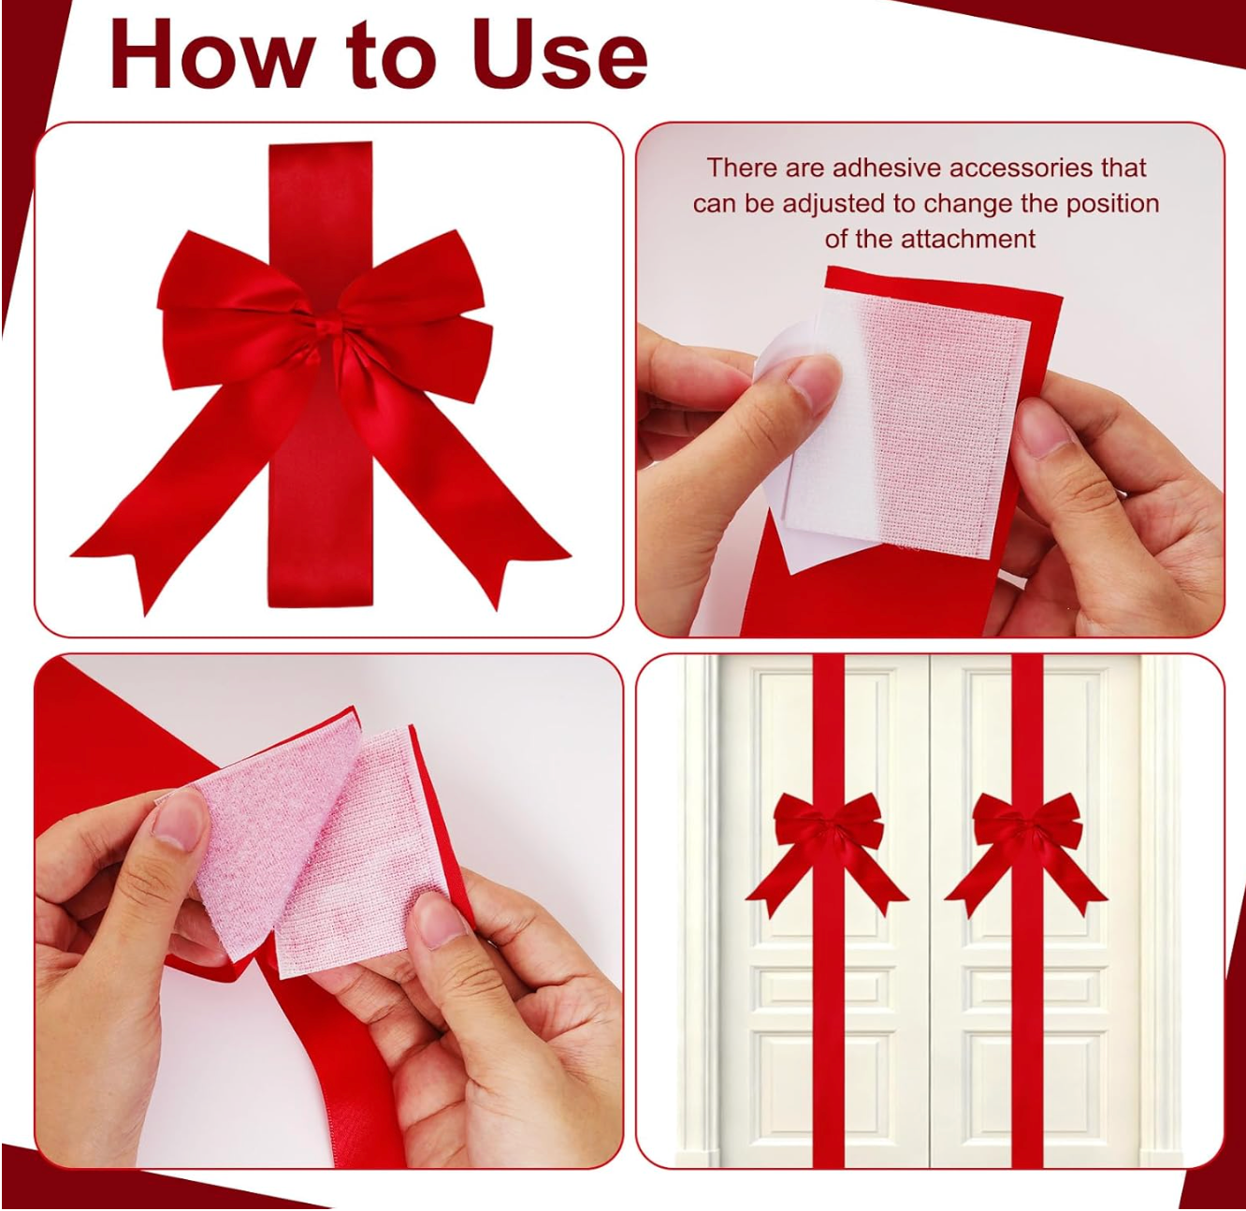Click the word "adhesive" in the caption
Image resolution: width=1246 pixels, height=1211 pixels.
coord(889,168)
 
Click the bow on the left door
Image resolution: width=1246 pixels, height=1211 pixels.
coord(828,832)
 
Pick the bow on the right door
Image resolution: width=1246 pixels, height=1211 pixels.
coord(1026,832)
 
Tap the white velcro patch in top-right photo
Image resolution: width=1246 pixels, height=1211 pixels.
coord(935,421)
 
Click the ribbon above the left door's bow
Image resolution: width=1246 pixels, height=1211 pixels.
coord(828,721)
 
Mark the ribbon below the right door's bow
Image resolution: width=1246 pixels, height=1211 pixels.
coord(1026,1029)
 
